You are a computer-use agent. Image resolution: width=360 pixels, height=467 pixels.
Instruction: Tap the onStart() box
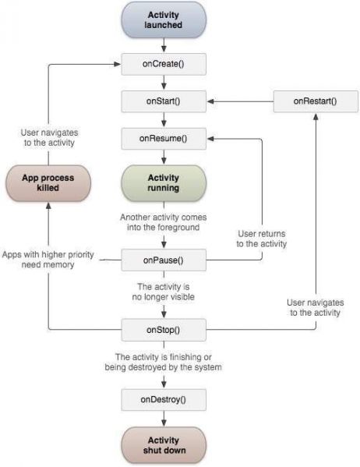(x=164, y=101)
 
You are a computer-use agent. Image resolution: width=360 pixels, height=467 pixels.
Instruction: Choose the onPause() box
(x=164, y=258)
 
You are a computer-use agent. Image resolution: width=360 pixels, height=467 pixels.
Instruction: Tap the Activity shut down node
(x=164, y=445)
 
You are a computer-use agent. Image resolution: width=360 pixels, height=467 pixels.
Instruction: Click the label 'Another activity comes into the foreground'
(x=164, y=222)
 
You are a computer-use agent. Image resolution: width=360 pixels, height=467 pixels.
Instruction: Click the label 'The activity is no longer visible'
(x=164, y=292)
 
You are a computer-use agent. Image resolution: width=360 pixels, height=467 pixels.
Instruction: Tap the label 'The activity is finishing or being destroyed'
(x=164, y=362)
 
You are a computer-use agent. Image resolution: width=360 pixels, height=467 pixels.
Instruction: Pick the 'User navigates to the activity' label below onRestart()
(x=314, y=307)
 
